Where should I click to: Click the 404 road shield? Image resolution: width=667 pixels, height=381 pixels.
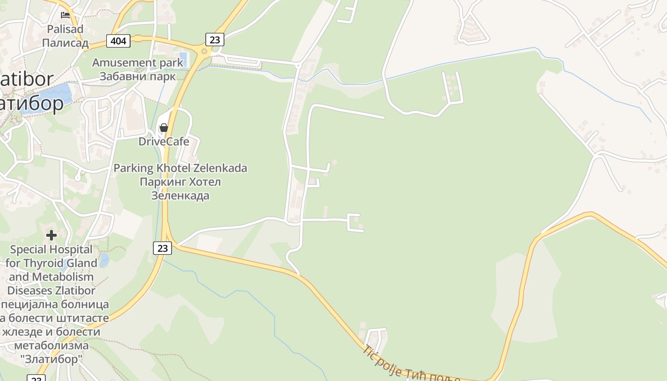[118, 41]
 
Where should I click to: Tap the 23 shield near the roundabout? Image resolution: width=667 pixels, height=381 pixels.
[215, 39]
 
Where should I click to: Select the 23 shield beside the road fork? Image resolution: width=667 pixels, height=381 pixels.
[162, 248]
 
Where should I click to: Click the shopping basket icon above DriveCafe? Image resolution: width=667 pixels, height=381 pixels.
[164, 128]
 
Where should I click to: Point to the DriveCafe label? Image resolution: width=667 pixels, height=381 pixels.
[164, 141]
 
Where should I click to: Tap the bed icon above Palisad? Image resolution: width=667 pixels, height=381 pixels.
[65, 15]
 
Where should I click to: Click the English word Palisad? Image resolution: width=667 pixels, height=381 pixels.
[65, 29]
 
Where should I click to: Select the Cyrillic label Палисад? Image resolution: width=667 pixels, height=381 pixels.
[65, 43]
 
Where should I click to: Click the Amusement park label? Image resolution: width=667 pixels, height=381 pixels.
[137, 62]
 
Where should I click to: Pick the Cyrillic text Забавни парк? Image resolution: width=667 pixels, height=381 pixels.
[137, 76]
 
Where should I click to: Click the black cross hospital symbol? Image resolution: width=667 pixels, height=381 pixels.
[51, 235]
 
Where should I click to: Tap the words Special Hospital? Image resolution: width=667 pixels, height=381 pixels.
[51, 249]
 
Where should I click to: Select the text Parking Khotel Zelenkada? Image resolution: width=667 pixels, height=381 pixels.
[180, 168]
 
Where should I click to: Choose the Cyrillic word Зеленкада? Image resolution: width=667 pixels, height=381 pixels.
[180, 195]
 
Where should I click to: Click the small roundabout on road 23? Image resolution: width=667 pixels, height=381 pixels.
[204, 51]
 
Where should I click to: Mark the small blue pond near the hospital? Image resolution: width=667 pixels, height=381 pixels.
[104, 260]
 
